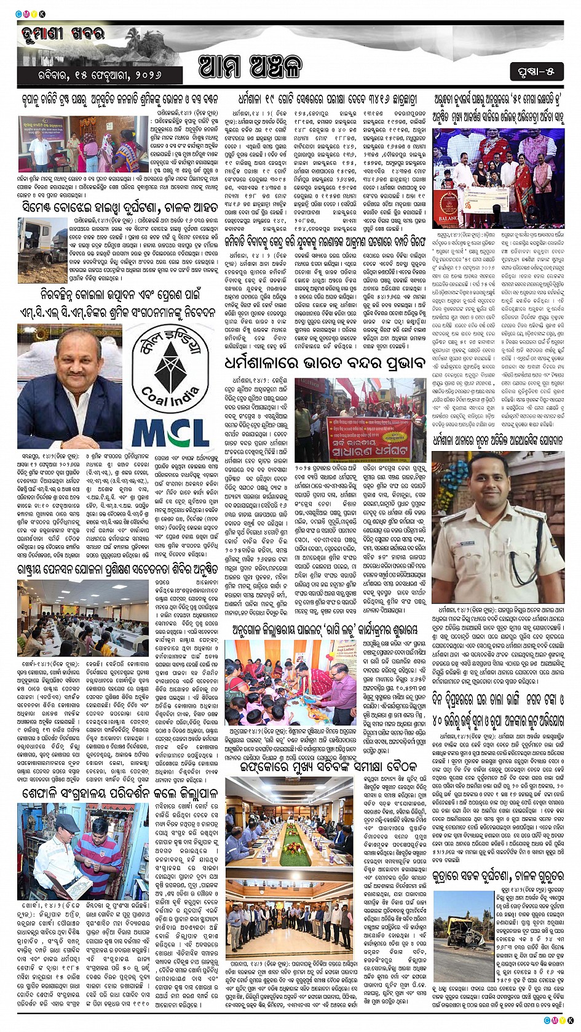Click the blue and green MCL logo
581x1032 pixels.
(170, 433)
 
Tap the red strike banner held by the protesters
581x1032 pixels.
(368, 434)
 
